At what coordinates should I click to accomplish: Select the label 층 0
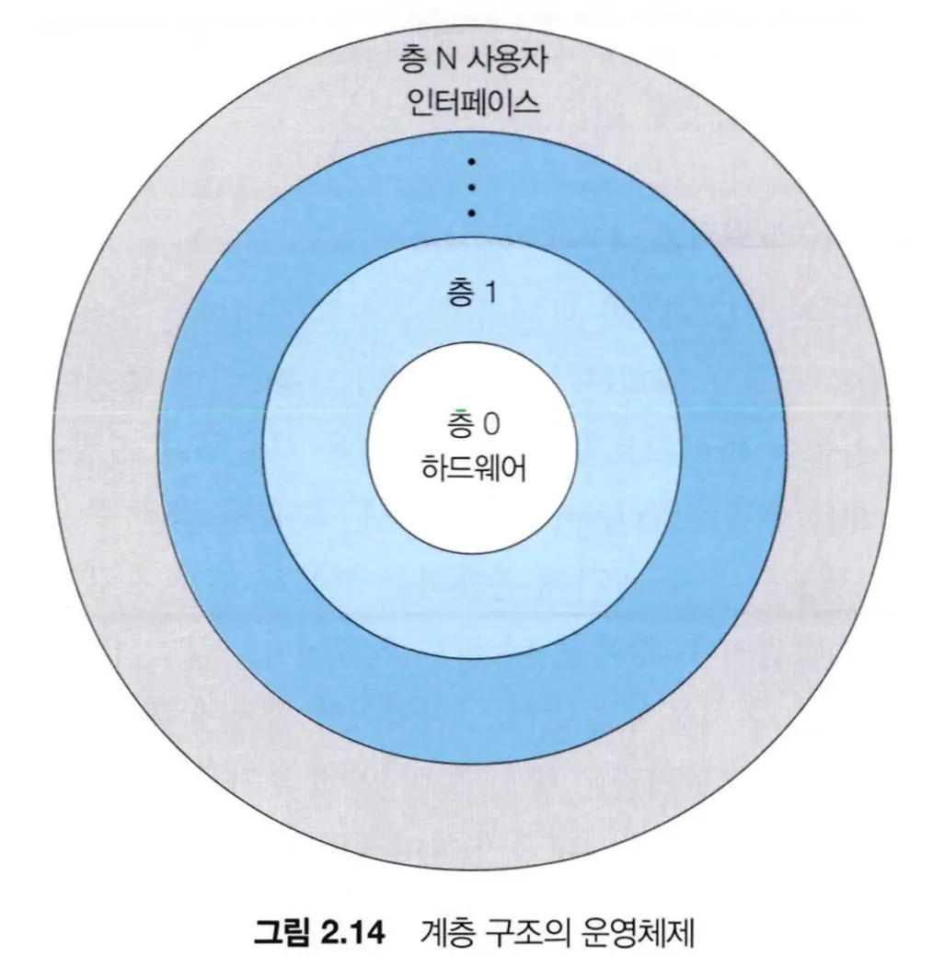[x=472, y=424]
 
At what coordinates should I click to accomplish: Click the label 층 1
[x=472, y=294]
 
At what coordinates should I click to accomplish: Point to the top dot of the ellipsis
[x=472, y=162]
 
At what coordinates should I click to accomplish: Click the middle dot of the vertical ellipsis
[x=472, y=188]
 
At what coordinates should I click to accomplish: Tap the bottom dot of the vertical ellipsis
[x=472, y=213]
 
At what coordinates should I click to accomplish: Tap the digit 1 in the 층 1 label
[x=491, y=294]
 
